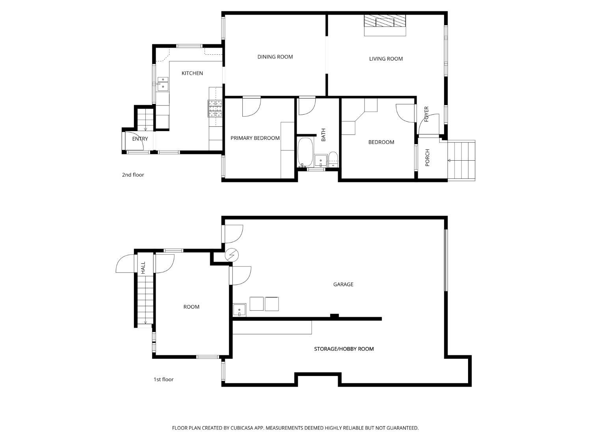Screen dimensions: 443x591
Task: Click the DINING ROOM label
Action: (275, 57)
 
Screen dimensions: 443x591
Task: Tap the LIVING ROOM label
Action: (386, 59)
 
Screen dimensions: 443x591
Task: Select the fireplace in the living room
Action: (385, 21)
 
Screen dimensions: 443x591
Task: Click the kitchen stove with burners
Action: (215, 109)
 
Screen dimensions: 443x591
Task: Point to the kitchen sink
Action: (163, 83)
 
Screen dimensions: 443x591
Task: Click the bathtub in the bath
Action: (305, 152)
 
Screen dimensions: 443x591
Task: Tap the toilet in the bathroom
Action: (333, 159)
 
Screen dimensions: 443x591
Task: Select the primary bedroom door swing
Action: (251, 107)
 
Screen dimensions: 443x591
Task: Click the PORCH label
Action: (427, 158)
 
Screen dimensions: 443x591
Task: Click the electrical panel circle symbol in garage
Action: (232, 255)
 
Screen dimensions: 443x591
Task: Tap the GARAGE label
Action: (343, 284)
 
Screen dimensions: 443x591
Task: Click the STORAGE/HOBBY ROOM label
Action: (344, 349)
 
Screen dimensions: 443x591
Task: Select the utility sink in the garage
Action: (239, 310)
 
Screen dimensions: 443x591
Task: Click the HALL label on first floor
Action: (143, 268)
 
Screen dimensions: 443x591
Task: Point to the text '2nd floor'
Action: (133, 175)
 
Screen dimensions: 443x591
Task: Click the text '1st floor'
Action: (164, 380)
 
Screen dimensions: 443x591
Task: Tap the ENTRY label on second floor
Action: (140, 139)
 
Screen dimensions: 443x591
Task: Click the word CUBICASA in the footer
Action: (242, 428)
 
